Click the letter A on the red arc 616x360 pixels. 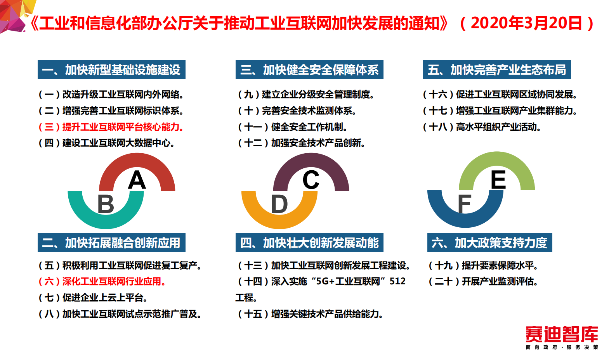click(x=137, y=180)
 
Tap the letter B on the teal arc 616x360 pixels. click(x=106, y=204)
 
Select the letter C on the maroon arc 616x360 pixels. click(x=311, y=180)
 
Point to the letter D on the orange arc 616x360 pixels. click(x=279, y=204)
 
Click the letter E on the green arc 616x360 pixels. click(x=498, y=180)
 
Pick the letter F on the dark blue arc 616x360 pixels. click(x=465, y=204)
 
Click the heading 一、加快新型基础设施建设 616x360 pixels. click(x=111, y=70)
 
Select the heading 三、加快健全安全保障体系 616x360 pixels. click(x=309, y=70)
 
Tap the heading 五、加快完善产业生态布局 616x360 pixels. click(x=497, y=70)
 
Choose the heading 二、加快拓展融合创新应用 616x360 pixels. click(x=111, y=243)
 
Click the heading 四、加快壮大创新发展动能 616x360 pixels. click(x=309, y=243)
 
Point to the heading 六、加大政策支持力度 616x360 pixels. click(x=489, y=243)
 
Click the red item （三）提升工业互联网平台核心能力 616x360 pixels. click(x=111, y=127)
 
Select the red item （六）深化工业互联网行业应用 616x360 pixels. click(x=102, y=281)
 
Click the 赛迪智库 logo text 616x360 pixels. click(x=562, y=334)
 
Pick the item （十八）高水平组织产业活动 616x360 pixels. click(x=482, y=127)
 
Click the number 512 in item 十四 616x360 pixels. click(x=397, y=281)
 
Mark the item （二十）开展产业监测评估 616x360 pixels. click(x=483, y=281)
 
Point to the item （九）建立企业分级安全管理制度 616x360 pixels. click(x=306, y=94)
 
